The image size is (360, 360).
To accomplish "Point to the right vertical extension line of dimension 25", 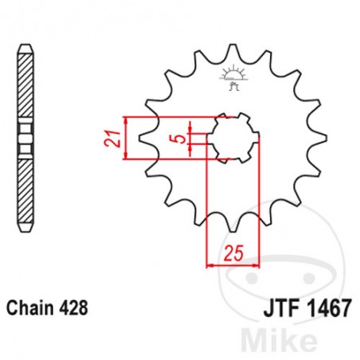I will click(x=260, y=207).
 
